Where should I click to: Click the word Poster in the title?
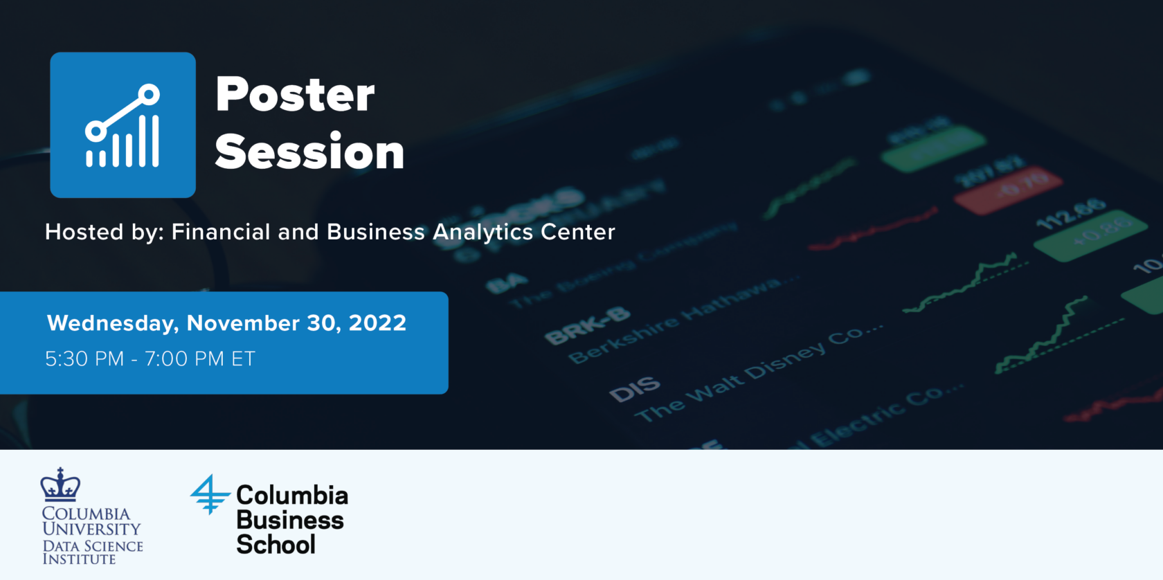point(295,95)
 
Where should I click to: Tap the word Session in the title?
point(309,152)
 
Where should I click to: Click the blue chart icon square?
point(123,125)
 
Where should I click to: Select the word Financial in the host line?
point(221,232)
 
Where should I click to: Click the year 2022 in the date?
point(377,323)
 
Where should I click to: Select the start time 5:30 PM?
point(84,359)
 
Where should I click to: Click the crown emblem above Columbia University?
point(60,484)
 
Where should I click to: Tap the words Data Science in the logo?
point(93,546)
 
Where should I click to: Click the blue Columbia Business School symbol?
point(209,494)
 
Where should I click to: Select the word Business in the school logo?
point(290,520)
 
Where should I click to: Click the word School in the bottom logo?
point(276,545)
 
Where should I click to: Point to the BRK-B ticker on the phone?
point(587,325)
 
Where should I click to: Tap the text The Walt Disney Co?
point(758,371)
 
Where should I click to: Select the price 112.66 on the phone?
point(1070,214)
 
